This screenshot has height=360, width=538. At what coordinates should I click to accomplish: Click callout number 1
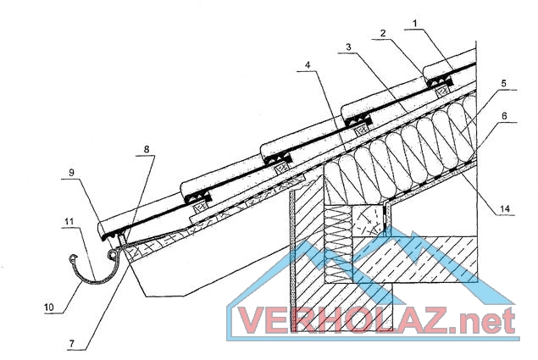click(415, 24)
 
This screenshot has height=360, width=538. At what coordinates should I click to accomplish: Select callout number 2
click(383, 33)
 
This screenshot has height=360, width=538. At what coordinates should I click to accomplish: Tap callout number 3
click(348, 47)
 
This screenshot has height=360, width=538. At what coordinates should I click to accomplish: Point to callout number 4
click(308, 65)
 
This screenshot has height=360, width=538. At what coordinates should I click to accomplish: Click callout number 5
click(504, 83)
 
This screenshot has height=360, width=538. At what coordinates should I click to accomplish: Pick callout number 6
click(504, 116)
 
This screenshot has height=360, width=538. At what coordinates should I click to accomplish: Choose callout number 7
click(72, 343)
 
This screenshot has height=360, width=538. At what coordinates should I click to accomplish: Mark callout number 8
click(147, 149)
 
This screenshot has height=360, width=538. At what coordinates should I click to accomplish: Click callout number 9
click(71, 172)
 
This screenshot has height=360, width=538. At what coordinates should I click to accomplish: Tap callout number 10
click(49, 307)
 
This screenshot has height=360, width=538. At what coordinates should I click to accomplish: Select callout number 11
click(69, 221)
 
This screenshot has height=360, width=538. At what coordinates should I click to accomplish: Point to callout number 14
click(505, 208)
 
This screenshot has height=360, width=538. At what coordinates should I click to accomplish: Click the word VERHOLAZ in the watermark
click(343, 320)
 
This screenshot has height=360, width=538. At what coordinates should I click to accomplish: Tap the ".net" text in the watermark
click(486, 321)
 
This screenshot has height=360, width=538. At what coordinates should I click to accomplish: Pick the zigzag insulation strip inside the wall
click(338, 244)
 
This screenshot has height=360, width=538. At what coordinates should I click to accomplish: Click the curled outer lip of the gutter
click(73, 258)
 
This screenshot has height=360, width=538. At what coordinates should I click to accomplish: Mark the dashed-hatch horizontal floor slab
click(415, 259)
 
